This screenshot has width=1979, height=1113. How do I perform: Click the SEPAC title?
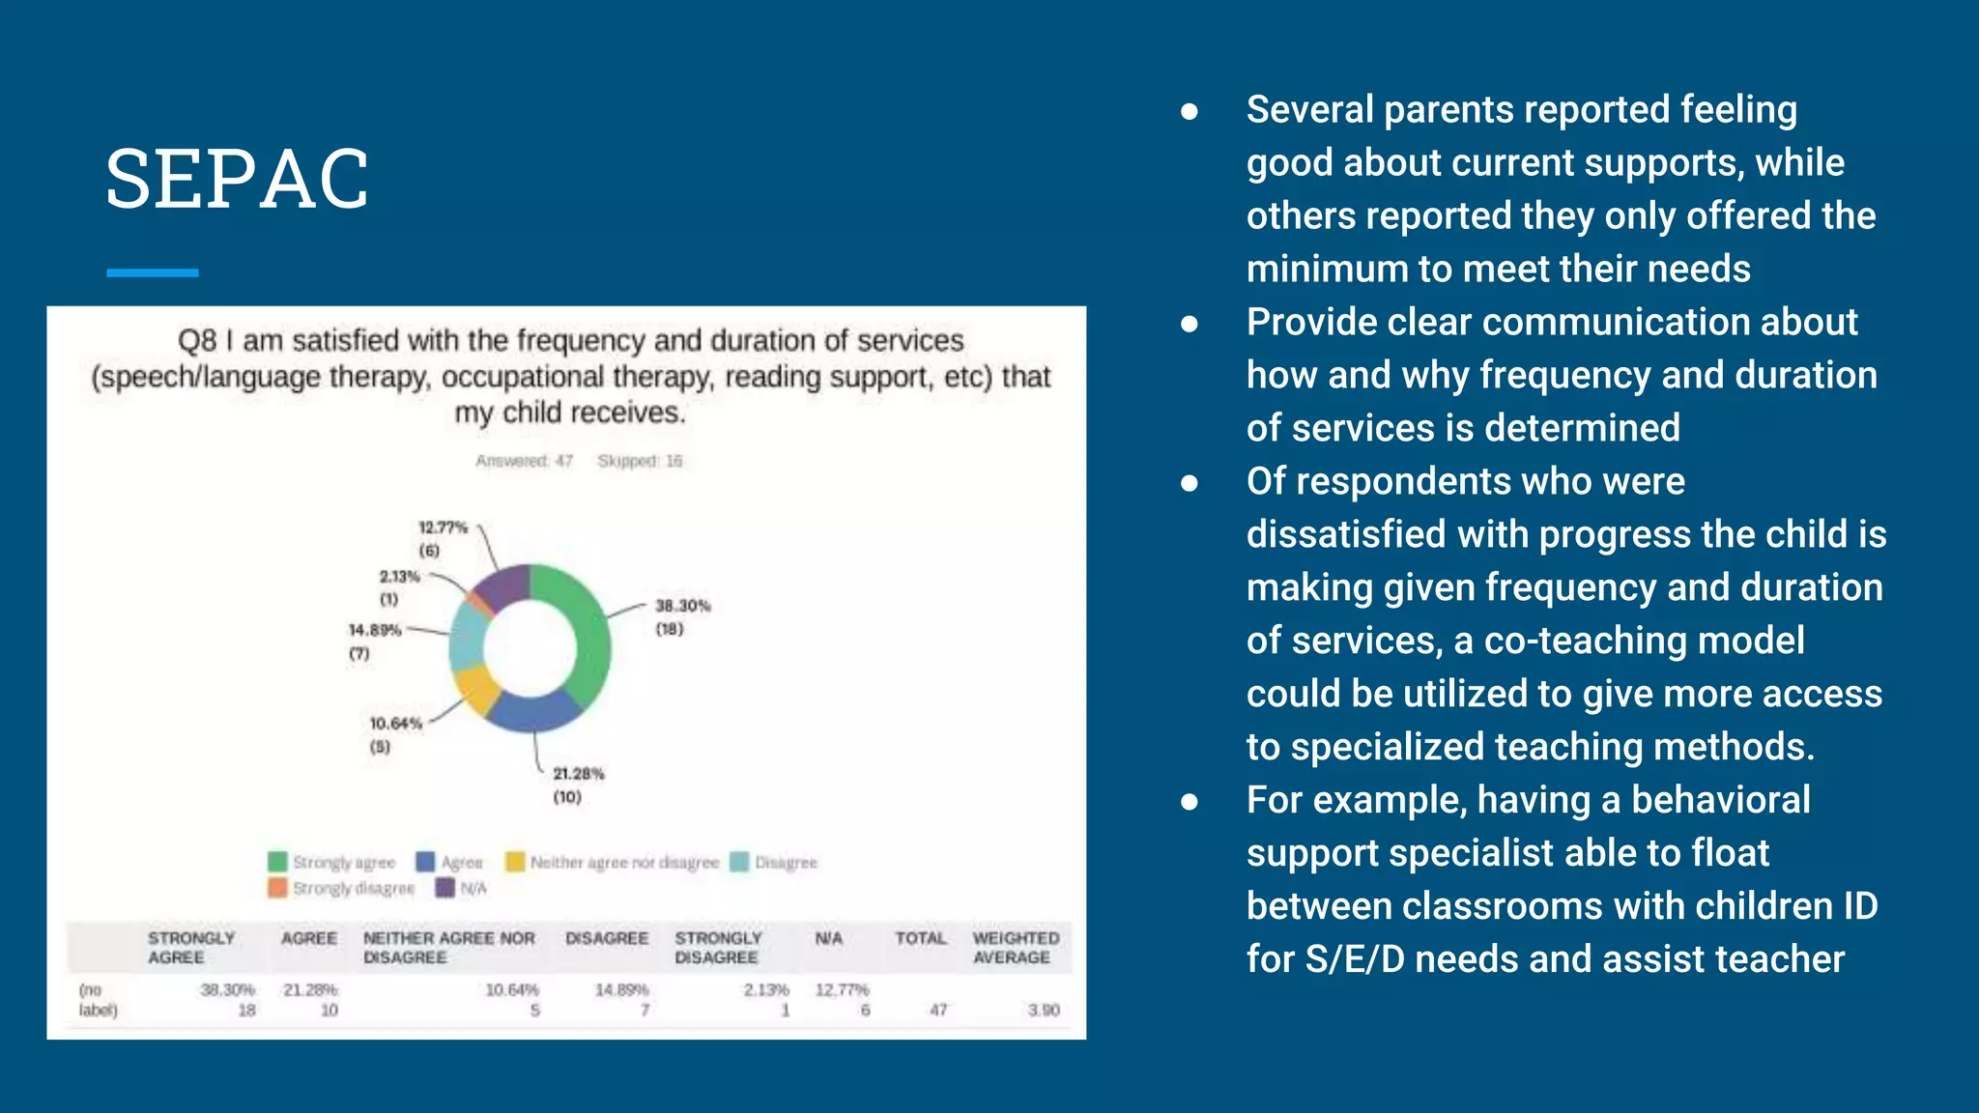click(237, 179)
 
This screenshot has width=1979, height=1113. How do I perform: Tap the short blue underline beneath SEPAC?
click(152, 273)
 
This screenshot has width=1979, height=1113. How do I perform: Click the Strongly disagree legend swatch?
click(277, 888)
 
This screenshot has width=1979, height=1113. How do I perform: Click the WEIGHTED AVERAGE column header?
click(1015, 948)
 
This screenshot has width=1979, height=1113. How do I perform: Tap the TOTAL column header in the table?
click(920, 938)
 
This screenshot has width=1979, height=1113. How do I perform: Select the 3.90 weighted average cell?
click(1044, 1010)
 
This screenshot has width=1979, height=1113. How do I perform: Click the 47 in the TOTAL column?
click(938, 1010)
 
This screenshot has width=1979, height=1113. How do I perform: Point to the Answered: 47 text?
click(524, 461)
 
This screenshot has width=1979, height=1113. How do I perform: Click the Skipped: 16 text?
click(640, 461)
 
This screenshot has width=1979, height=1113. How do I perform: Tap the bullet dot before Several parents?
click(1190, 112)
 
